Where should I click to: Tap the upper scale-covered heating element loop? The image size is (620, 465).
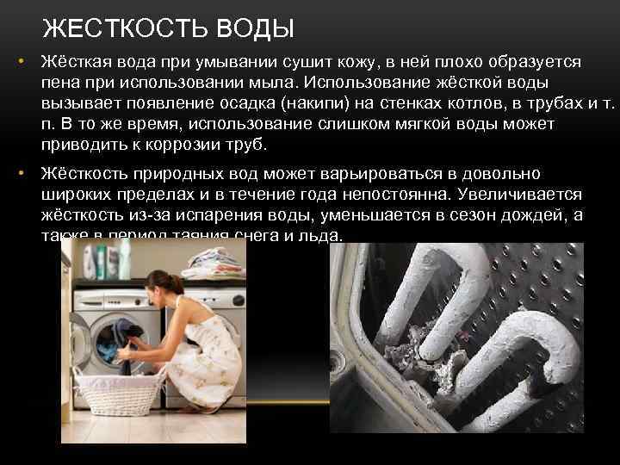413,276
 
